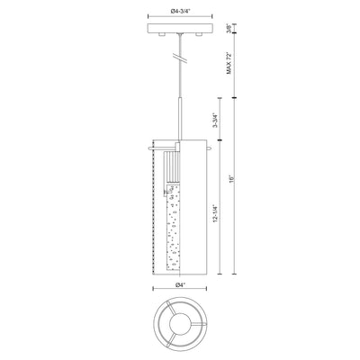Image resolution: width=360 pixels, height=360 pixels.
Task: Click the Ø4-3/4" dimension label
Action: [181, 12]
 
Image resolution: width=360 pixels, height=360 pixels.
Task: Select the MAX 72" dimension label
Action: [229, 63]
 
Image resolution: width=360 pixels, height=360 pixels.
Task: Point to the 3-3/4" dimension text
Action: [214, 121]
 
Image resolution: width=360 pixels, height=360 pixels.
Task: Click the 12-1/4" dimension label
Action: [214, 213]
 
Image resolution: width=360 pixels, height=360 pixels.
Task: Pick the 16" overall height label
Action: [230, 179]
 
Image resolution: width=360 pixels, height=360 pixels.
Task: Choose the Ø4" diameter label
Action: [179, 285]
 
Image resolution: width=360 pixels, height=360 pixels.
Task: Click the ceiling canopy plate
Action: [180, 28]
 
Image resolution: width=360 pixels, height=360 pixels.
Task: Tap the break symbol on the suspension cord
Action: [180, 58]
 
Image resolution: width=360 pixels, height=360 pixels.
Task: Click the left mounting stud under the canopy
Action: [162, 34]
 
